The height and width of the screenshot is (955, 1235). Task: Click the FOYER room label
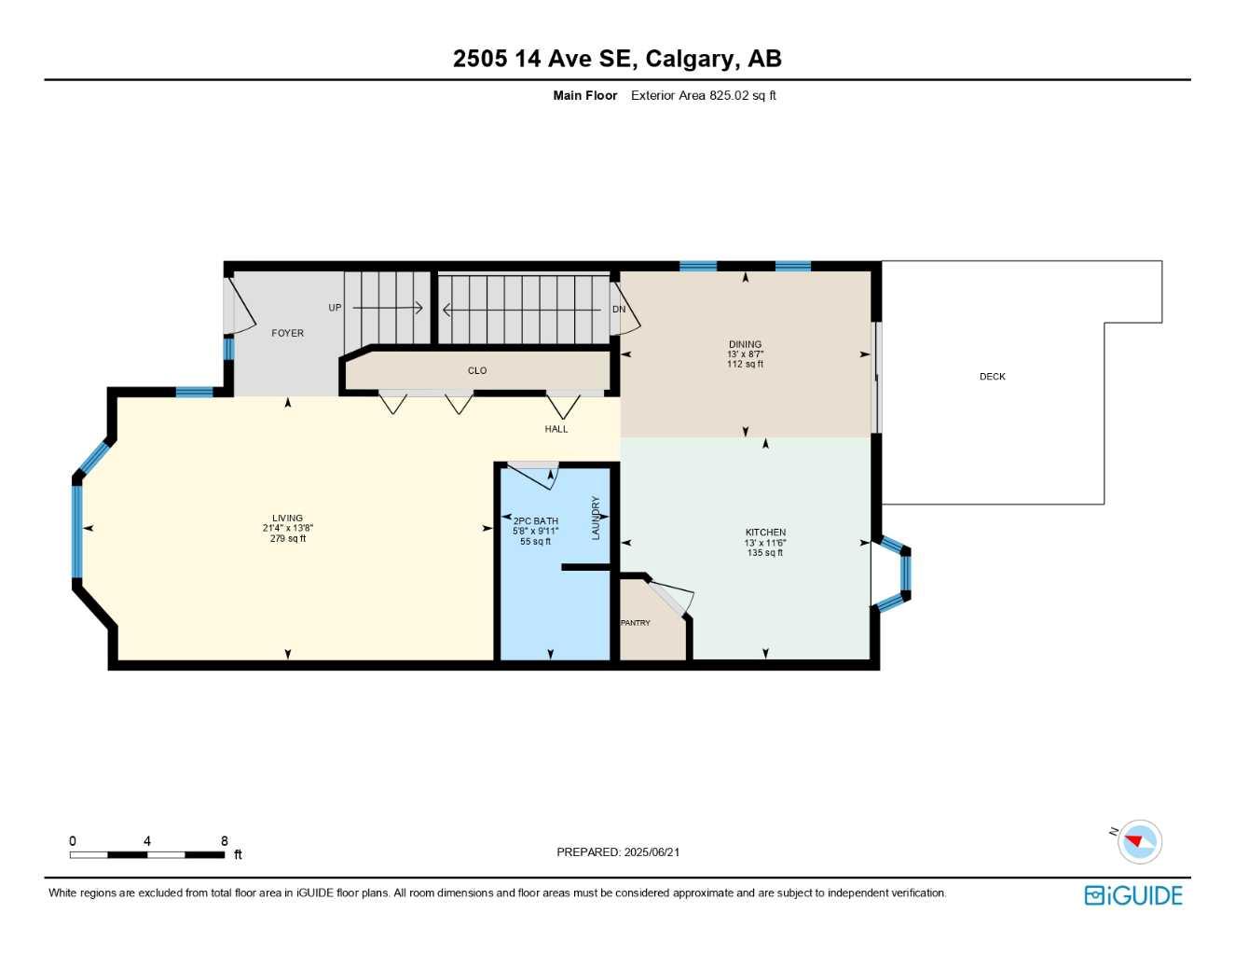pos(287,333)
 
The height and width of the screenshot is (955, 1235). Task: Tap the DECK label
pos(993,377)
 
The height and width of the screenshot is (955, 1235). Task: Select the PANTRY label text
pos(636,623)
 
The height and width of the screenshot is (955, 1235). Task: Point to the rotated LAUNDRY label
pos(596,518)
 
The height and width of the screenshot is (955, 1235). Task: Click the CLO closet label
pos(477,370)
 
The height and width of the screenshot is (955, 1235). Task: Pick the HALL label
pos(556,429)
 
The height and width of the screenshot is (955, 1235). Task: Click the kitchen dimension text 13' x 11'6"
pos(765,543)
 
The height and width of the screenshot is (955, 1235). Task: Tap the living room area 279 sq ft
pos(288,538)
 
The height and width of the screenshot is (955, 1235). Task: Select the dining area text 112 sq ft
pos(745,364)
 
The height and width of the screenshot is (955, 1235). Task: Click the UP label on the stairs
pos(335,308)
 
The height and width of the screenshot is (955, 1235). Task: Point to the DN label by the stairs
pos(619,310)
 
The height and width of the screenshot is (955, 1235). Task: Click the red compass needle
pos(1133,840)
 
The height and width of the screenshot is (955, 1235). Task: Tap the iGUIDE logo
pos(1133,895)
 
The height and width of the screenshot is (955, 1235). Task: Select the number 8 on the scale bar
pos(224,840)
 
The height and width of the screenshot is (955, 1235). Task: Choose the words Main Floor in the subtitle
pos(584,95)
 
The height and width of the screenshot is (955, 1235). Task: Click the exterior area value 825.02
pos(729,95)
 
